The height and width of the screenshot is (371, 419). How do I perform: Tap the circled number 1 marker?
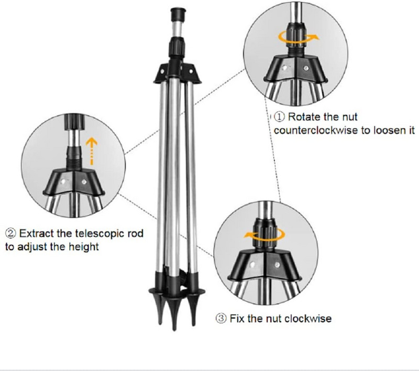pyautogui.click(x=279, y=117)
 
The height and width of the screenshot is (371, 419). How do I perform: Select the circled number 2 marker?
pyautogui.click(x=10, y=233)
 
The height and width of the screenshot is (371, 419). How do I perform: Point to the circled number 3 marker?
pyautogui.click(x=220, y=318)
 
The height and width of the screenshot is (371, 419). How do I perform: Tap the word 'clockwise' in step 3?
pyautogui.click(x=307, y=318)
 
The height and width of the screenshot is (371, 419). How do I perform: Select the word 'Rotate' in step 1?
pyautogui.click(x=305, y=117)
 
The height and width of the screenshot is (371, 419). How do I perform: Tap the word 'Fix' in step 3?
pyautogui.click(x=237, y=318)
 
